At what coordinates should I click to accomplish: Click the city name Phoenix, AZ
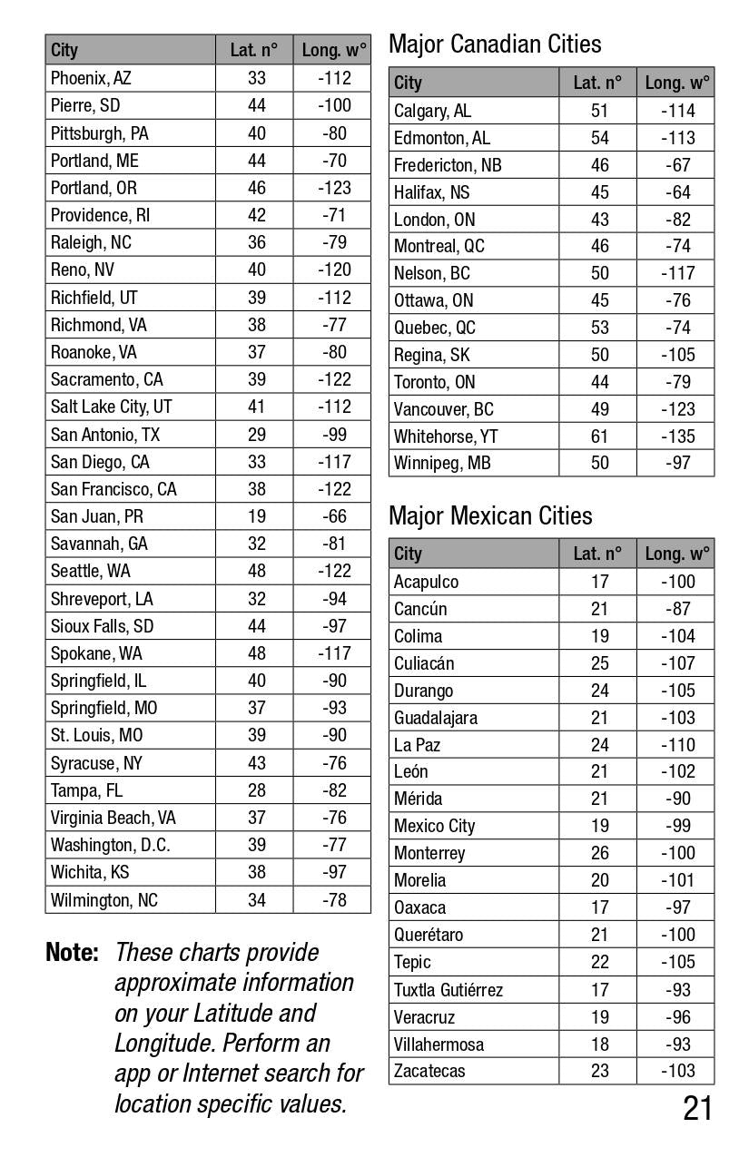click(x=91, y=78)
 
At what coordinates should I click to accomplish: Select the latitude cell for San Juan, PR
click(x=257, y=516)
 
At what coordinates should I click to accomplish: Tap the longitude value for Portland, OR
click(x=333, y=188)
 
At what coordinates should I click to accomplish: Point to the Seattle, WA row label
click(x=91, y=571)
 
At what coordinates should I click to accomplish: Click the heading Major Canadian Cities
click(x=495, y=44)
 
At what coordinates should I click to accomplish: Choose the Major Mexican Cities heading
click(x=490, y=515)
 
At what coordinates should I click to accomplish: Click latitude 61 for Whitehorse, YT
click(x=599, y=436)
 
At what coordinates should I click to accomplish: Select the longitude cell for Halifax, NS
click(x=677, y=192)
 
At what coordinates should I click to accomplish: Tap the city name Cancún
click(x=420, y=609)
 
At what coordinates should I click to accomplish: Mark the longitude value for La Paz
click(x=677, y=745)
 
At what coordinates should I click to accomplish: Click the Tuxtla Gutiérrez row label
click(x=448, y=990)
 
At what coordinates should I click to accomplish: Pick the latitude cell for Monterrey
click(x=599, y=853)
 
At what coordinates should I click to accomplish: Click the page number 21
click(x=697, y=1108)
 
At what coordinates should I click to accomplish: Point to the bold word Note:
click(x=72, y=953)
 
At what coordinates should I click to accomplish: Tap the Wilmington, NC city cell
click(x=104, y=900)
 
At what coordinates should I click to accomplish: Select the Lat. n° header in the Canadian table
click(x=597, y=83)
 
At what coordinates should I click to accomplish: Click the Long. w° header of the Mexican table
click(x=677, y=554)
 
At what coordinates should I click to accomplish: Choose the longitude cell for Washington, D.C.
click(x=333, y=845)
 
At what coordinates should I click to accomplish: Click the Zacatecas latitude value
click(x=599, y=1071)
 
